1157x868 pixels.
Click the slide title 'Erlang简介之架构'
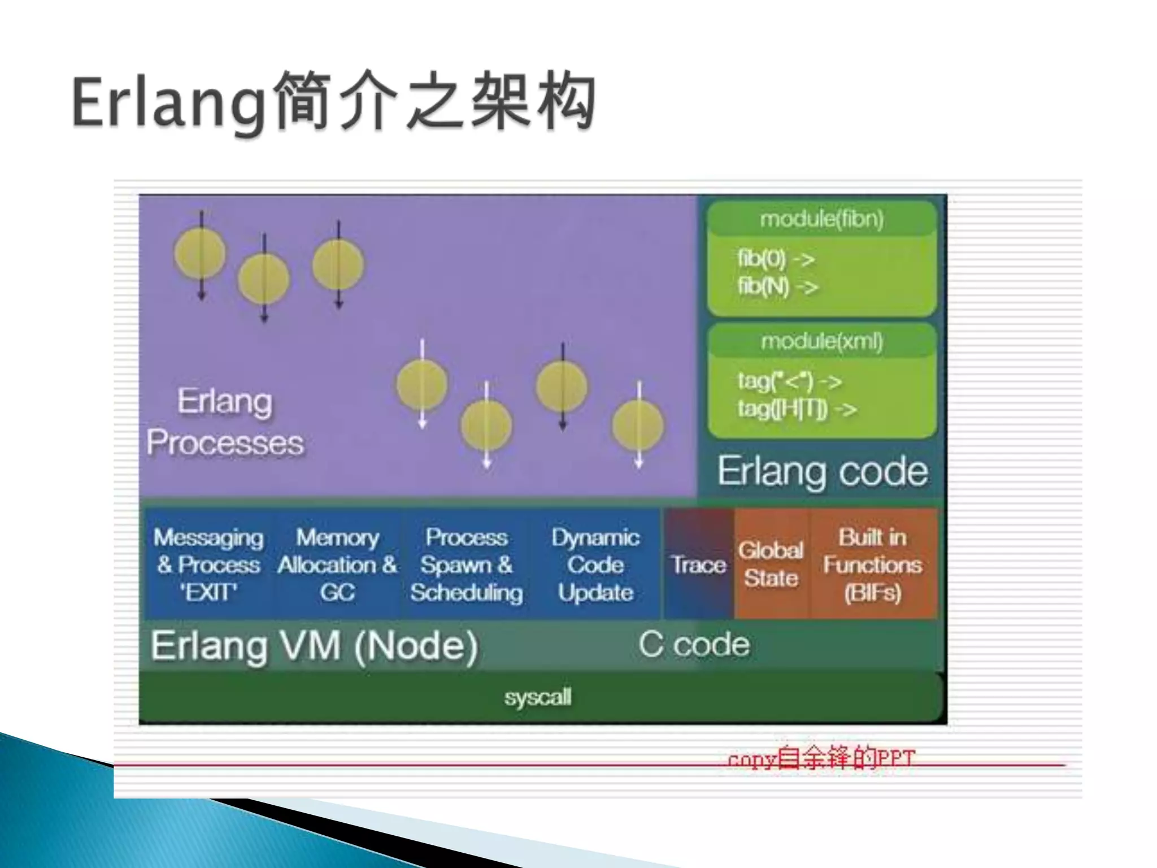click(333, 102)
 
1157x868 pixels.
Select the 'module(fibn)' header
click(821, 219)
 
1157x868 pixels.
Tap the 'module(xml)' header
click(821, 341)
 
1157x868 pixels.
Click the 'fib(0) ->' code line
click(776, 259)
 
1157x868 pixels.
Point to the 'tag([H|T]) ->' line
click(797, 409)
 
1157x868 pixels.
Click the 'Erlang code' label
click(822, 471)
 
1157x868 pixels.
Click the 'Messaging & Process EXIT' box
click(208, 565)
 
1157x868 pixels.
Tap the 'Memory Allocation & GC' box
click(337, 565)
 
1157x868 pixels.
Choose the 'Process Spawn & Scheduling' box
click(467, 565)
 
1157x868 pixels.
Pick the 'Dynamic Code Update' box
click(595, 565)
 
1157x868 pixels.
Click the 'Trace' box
click(698, 565)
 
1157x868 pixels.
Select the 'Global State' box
click(771, 565)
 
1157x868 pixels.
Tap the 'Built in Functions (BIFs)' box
click(873, 565)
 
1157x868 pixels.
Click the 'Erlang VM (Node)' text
click(314, 646)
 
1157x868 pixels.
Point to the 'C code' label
click(694, 644)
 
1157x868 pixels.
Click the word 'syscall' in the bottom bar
click(538, 697)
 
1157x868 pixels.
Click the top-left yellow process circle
click(200, 253)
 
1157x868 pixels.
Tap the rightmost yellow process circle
click(638, 426)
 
